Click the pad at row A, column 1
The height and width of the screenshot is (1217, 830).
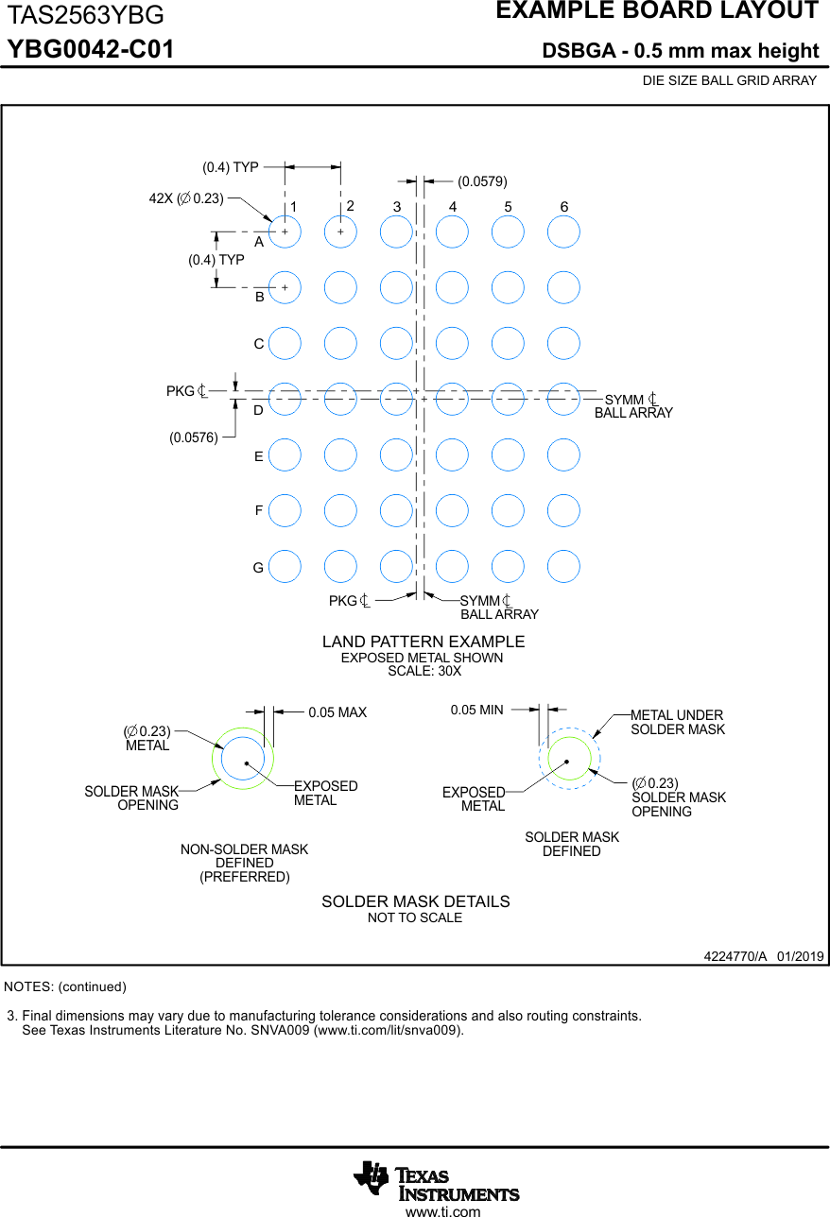[285, 231]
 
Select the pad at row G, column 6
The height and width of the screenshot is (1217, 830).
[563, 566]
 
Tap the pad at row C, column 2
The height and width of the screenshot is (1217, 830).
[340, 343]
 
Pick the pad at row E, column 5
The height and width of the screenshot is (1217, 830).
[508, 454]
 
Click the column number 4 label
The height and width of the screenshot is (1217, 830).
[453, 207]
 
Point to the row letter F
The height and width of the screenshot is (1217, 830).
[259, 510]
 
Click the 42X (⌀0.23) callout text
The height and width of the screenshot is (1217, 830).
[186, 198]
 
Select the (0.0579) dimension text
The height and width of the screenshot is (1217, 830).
[482, 180]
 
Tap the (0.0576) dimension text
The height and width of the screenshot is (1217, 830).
[194, 437]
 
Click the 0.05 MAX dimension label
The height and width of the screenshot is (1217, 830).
[337, 712]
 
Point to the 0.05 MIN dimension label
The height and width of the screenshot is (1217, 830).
[476, 710]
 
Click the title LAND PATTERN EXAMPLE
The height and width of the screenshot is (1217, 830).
[423, 642]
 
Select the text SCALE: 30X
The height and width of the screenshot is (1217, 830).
[424, 671]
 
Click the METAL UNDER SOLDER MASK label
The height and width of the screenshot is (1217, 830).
[677, 722]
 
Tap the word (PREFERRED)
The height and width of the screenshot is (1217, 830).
[244, 877]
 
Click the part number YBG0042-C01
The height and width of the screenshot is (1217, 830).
[91, 49]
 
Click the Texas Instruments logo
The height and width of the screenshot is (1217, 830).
[437, 1181]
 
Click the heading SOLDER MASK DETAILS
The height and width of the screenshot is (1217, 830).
[415, 901]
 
